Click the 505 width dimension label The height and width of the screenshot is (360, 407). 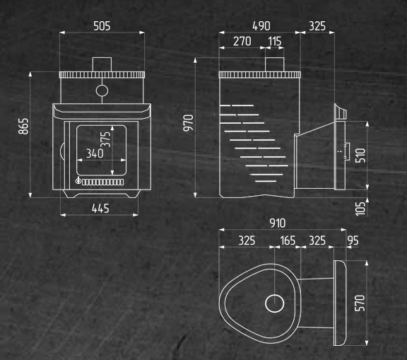click(102, 26)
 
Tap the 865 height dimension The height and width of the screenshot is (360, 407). click(23, 126)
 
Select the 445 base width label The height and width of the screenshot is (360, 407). click(100, 209)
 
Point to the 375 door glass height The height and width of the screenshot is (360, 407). click(106, 139)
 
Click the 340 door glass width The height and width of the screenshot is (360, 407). click(95, 153)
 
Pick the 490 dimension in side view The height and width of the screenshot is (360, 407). click(261, 26)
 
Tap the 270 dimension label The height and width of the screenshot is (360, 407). click(242, 41)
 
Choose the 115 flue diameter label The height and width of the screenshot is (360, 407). click(275, 41)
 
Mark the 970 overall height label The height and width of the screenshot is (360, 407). click(189, 123)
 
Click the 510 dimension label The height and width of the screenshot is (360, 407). click(360, 156)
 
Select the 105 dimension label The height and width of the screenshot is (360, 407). click(360, 209)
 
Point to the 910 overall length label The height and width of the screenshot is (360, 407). click(278, 223)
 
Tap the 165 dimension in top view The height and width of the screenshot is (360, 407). click(288, 240)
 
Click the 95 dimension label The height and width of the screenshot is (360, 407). click(353, 240)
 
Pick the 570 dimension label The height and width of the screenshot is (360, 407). click(360, 303)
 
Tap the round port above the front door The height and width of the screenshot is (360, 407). click(102, 85)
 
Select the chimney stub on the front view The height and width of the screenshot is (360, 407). click(102, 64)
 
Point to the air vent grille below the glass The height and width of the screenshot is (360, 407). click(102, 182)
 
